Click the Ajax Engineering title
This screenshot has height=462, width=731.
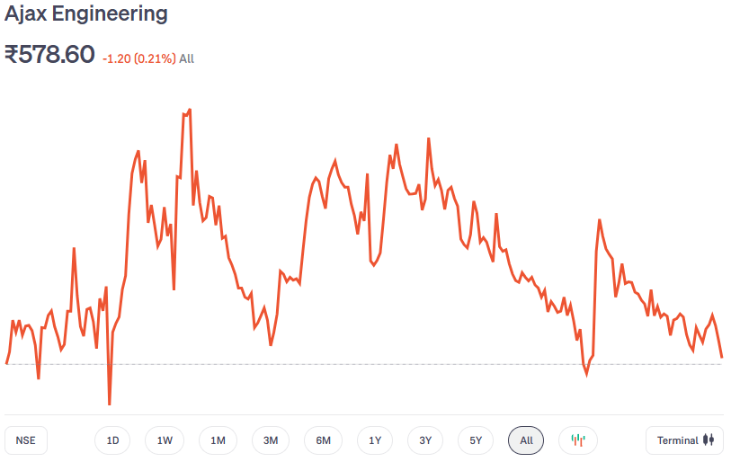[x=86, y=14]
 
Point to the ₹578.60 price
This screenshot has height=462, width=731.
[x=49, y=55]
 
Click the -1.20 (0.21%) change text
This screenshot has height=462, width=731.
[x=138, y=58]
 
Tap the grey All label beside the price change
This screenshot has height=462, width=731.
[x=186, y=58]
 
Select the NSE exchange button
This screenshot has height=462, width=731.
[x=26, y=440]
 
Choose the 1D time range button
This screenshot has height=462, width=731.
[x=112, y=440]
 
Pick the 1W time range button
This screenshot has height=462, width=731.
[x=165, y=440]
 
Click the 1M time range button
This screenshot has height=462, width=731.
[x=218, y=440]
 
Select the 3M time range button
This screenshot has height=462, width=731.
[x=271, y=440]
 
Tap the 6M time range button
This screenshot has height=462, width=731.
[x=324, y=440]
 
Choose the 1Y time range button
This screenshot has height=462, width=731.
[x=375, y=440]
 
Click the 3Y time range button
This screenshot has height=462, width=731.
[x=425, y=440]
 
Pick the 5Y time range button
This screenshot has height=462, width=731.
[x=476, y=440]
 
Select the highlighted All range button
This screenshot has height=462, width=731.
[x=526, y=440]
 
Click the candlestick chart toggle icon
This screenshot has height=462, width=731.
[x=578, y=440]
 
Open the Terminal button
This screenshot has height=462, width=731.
[x=684, y=440]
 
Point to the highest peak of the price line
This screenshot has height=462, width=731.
[x=189, y=110]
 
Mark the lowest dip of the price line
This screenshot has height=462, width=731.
[x=110, y=404]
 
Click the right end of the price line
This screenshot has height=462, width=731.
[x=721, y=357]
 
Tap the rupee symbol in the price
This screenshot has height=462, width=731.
[x=13, y=55]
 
